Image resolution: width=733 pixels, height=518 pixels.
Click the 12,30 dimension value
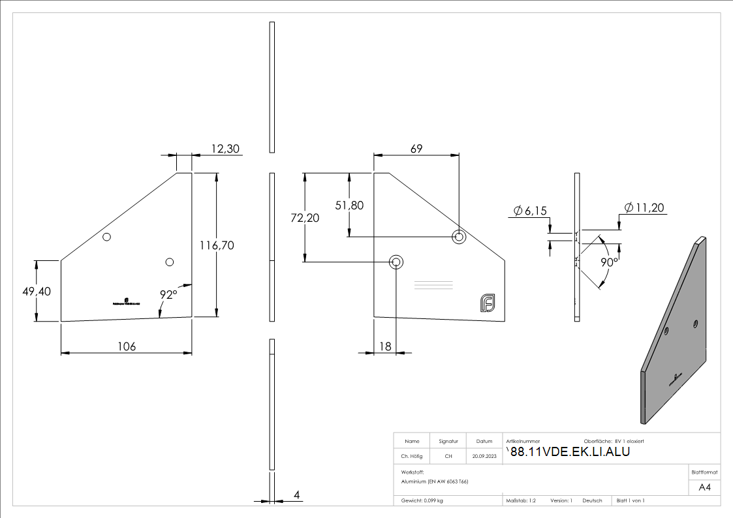coord(226,149)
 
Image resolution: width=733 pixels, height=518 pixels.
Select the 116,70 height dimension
coord(218,245)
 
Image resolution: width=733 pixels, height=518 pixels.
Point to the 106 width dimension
coord(126,346)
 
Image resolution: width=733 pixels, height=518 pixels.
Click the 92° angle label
coord(168,295)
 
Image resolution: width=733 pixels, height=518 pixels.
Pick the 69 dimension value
coord(416,149)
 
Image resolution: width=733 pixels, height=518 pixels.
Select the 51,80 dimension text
coord(349,205)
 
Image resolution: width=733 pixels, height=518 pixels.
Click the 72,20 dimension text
coord(305,218)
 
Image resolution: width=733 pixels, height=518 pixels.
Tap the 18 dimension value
coord(385,346)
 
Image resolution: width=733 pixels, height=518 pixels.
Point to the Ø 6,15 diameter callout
coord(529,210)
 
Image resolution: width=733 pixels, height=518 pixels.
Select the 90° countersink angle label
coord(609,262)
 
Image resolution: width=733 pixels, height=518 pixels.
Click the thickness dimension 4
coord(296,496)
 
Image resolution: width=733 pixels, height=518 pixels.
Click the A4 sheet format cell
coord(704,487)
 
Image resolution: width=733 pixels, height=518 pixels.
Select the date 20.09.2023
coord(484,456)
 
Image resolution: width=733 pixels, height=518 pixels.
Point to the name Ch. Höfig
coord(411,456)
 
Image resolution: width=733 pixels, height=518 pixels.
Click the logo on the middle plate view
coord(487,303)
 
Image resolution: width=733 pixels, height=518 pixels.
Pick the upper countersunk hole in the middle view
coord(460,236)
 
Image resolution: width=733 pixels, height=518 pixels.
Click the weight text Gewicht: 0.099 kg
coord(422,500)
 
